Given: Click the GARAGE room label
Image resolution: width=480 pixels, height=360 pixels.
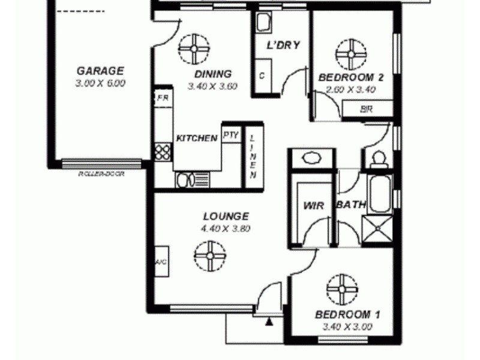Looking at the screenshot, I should pos(100,70).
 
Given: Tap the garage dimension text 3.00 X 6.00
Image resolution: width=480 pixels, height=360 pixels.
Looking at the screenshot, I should pos(100,83).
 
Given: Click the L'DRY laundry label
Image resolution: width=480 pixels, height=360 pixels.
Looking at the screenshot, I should pos(283,45).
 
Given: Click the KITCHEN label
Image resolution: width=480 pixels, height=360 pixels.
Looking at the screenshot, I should pos(197,138).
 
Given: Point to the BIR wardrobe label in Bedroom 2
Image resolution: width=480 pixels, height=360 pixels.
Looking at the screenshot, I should pos(366,109).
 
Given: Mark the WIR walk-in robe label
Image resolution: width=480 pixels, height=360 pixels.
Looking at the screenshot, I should pos(314,206).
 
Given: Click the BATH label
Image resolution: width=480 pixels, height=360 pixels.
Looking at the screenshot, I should pos(351,205).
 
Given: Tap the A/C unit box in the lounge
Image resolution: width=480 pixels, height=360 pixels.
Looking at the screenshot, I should pos(161,262).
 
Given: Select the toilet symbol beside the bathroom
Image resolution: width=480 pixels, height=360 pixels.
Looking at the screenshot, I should pos(377,159).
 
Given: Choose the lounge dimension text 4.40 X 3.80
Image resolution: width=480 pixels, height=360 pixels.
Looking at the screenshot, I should pos(226,228).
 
